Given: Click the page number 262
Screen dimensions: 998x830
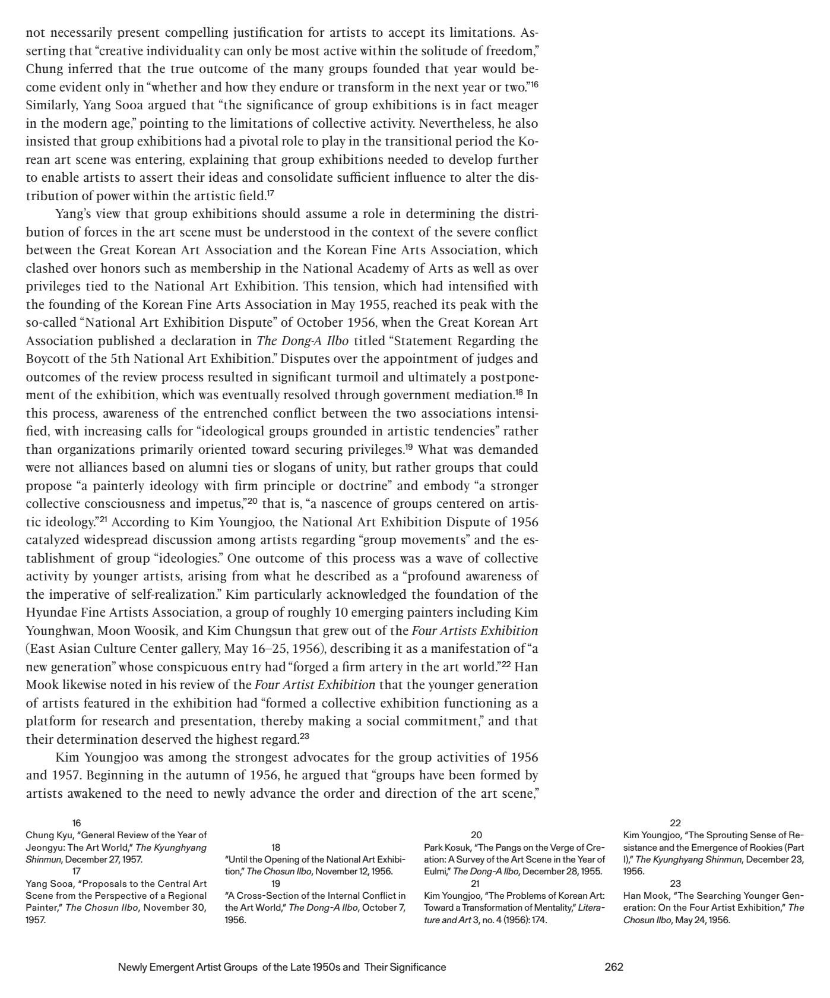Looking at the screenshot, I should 613,967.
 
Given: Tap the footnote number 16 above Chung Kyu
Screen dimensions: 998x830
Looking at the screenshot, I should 77,823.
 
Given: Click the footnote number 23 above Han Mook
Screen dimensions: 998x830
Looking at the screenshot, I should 675,883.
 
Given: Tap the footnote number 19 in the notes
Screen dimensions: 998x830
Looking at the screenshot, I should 276,883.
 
